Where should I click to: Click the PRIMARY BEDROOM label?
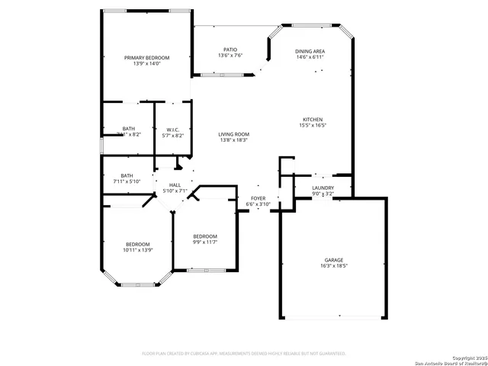click(x=147, y=58)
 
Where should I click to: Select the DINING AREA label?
click(x=310, y=52)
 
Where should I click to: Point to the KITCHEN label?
click(x=313, y=120)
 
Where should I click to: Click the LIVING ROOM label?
click(x=234, y=134)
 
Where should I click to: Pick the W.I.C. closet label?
click(x=174, y=130)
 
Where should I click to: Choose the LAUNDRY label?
click(x=323, y=188)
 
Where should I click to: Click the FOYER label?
click(x=258, y=198)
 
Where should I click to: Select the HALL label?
click(x=175, y=185)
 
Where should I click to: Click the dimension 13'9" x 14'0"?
click(x=147, y=64)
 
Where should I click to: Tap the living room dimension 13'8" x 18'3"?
click(x=234, y=140)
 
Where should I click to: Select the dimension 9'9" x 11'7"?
click(x=205, y=242)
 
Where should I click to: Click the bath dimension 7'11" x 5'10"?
click(x=127, y=181)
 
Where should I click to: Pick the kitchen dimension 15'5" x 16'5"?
click(x=313, y=126)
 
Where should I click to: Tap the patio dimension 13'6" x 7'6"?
click(x=230, y=56)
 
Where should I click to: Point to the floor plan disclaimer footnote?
click(x=244, y=354)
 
